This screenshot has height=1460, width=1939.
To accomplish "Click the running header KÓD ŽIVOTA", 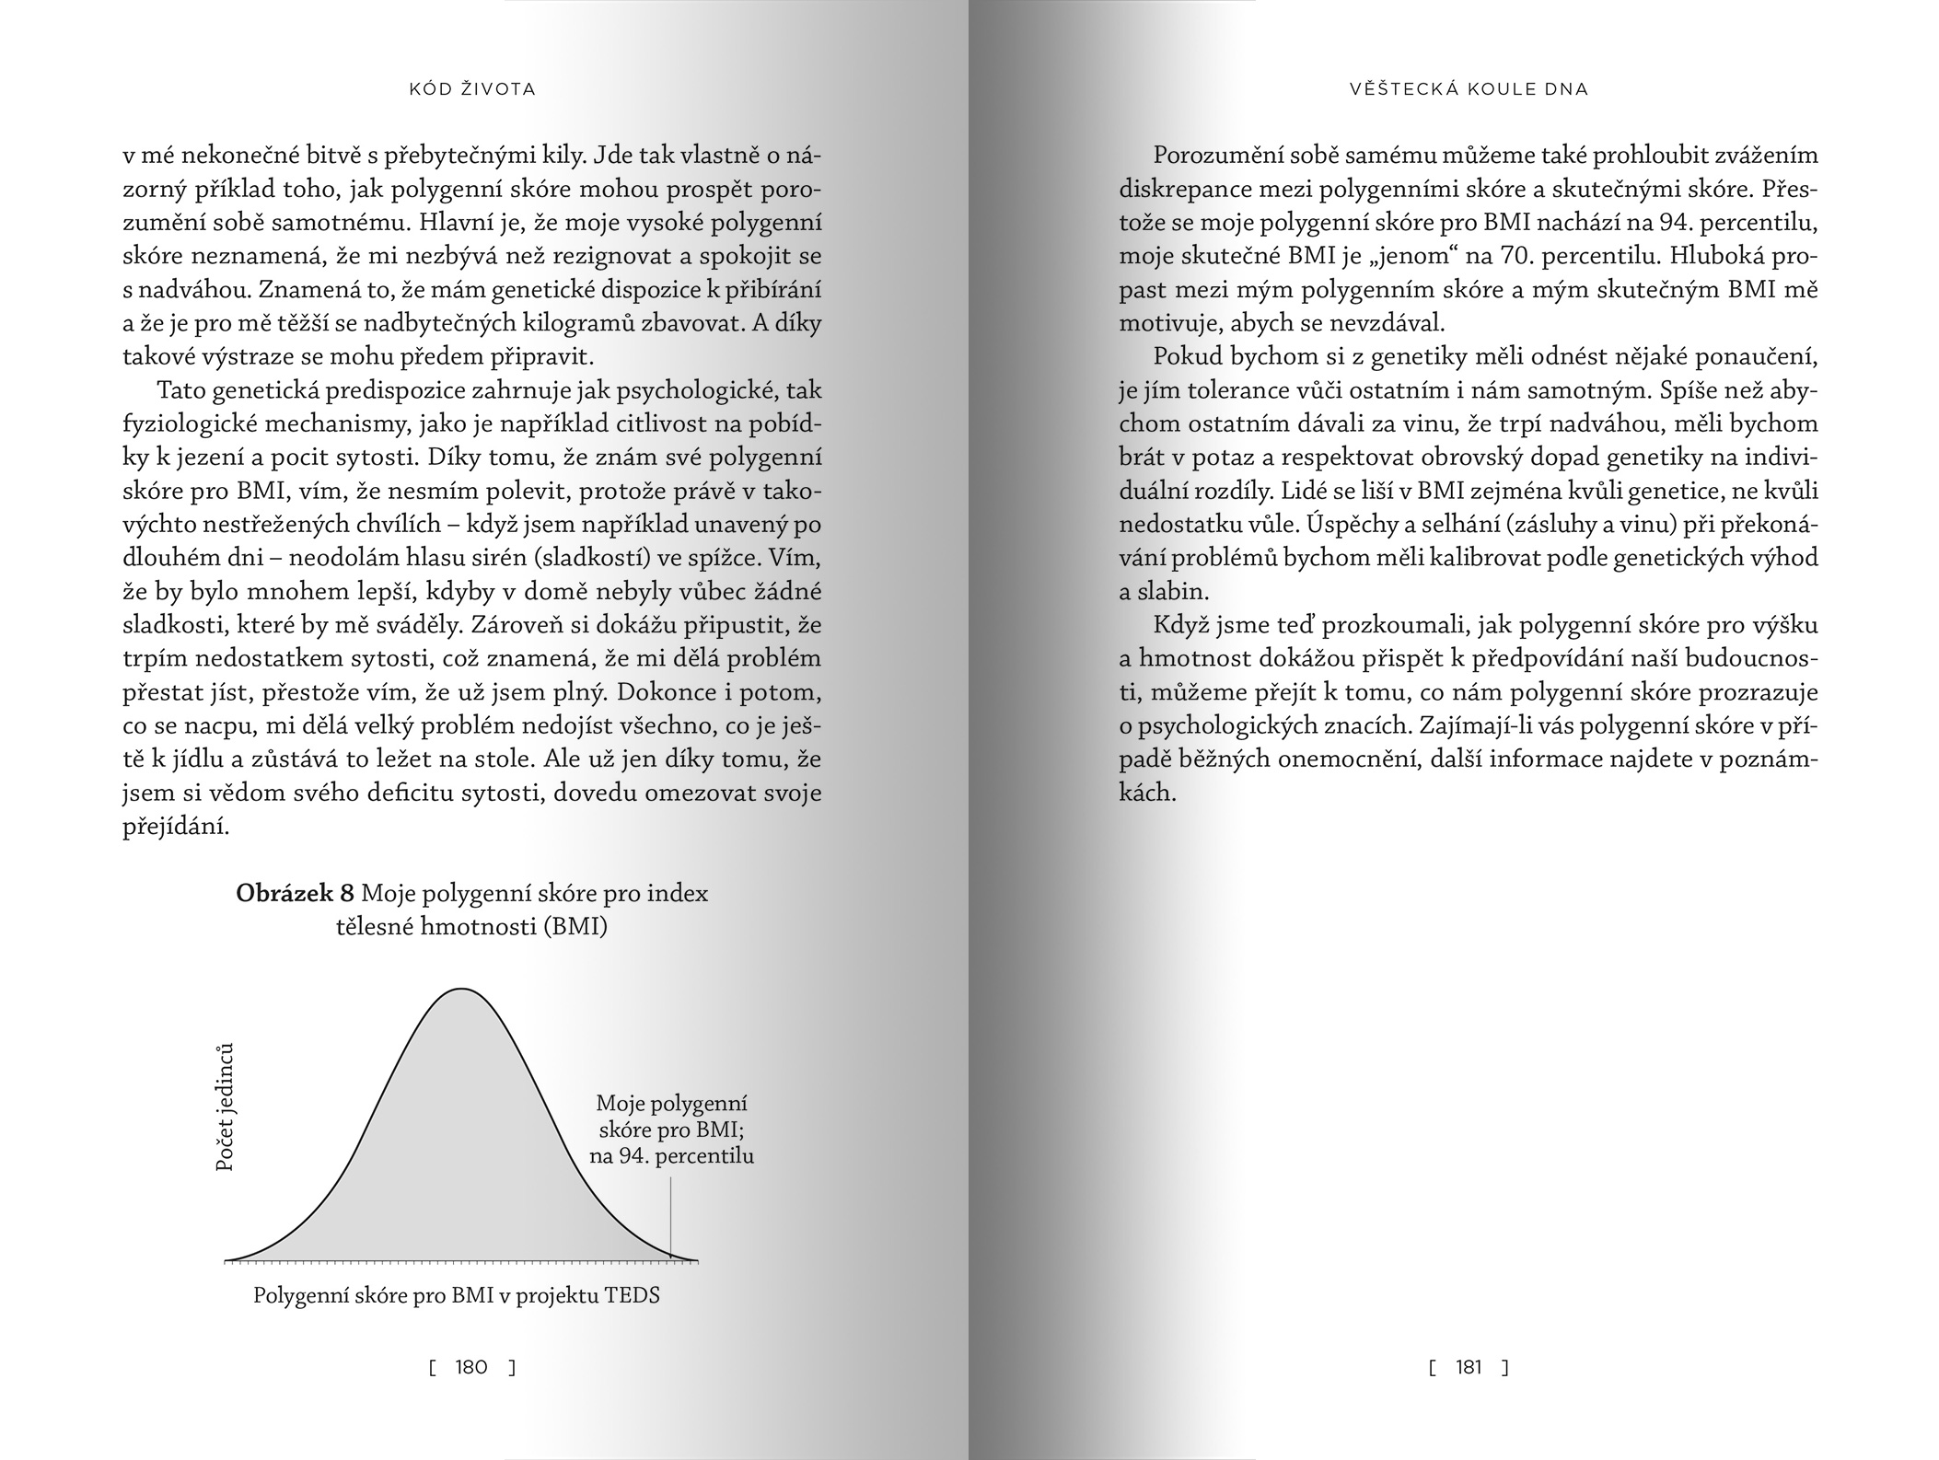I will click(x=471, y=89).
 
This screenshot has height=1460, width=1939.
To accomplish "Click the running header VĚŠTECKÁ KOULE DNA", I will click(x=1469, y=89).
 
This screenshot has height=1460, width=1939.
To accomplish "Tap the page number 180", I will click(x=471, y=1367).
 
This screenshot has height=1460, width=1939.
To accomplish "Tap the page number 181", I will click(x=1469, y=1367).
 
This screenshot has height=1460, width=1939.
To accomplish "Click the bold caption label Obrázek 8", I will click(x=295, y=893).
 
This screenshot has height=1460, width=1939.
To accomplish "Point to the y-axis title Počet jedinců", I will click(x=225, y=1107).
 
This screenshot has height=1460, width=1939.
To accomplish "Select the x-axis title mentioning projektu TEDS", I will click(x=457, y=1295).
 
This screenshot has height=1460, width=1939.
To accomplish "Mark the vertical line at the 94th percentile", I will click(x=670, y=1215).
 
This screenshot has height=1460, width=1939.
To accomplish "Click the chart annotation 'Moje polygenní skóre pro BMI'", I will click(x=671, y=1129).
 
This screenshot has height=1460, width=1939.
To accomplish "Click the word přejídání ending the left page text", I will click(x=175, y=827).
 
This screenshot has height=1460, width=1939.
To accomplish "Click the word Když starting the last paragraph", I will click(x=1181, y=626).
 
